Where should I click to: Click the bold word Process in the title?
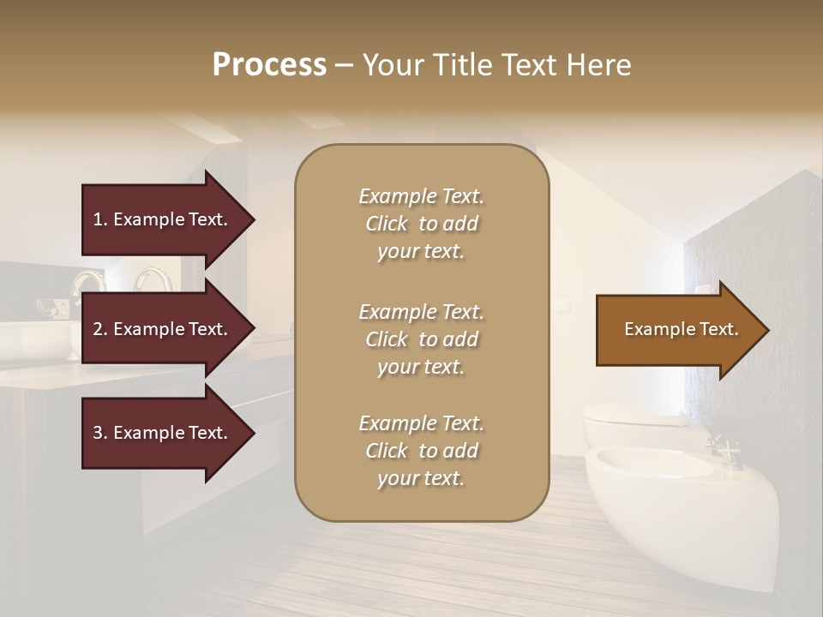click(x=269, y=64)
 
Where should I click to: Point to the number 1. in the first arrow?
click(x=100, y=219)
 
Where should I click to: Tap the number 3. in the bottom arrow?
click(x=100, y=433)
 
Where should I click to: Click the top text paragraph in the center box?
click(x=421, y=224)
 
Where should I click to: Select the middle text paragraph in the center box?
click(x=421, y=339)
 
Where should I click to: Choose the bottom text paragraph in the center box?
click(x=421, y=451)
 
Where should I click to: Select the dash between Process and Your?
click(x=344, y=65)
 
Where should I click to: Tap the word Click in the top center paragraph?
click(x=387, y=224)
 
